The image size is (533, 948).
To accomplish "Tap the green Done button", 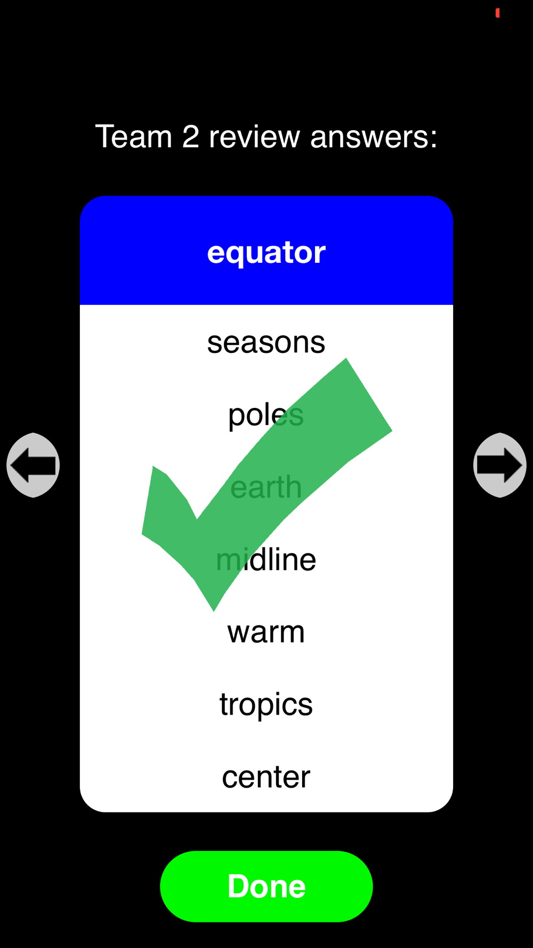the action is (266, 886).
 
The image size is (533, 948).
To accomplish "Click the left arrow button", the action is (33, 465).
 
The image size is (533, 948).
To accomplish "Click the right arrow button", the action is (500, 465).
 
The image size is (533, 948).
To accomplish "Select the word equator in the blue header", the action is (266, 253).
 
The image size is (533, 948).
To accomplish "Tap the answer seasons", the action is (266, 342).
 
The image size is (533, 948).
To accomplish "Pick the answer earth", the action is (266, 487).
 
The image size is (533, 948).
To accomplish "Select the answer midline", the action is (266, 559).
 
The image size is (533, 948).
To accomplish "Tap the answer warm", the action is (266, 632).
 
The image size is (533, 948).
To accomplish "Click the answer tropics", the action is (266, 705).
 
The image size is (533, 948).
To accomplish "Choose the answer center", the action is (266, 777).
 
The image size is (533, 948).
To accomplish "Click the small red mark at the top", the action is (498, 13).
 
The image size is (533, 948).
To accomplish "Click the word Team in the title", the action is (134, 136).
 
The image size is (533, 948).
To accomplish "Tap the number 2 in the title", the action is (191, 136).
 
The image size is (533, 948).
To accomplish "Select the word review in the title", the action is (255, 137).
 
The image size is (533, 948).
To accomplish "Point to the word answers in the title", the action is (374, 137).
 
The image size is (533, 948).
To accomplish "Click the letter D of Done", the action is (240, 886).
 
